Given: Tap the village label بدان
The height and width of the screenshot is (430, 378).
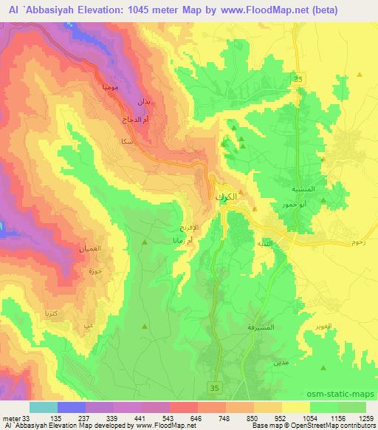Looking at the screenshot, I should (143, 100).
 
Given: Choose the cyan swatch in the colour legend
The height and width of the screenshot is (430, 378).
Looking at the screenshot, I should (44, 406).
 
